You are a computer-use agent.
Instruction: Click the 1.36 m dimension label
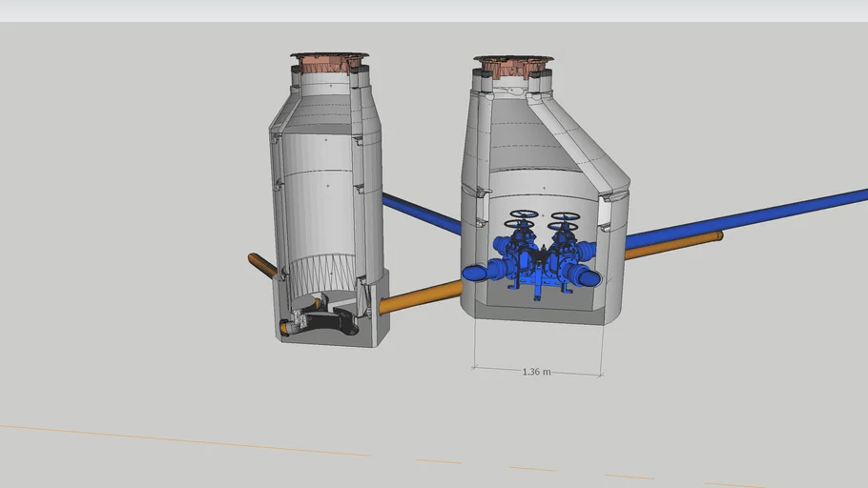coord(537,372)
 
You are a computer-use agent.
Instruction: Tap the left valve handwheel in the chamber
coord(524,216)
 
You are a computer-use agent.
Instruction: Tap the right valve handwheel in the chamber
coord(565,217)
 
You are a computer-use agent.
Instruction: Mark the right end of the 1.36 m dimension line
coord(602,375)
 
